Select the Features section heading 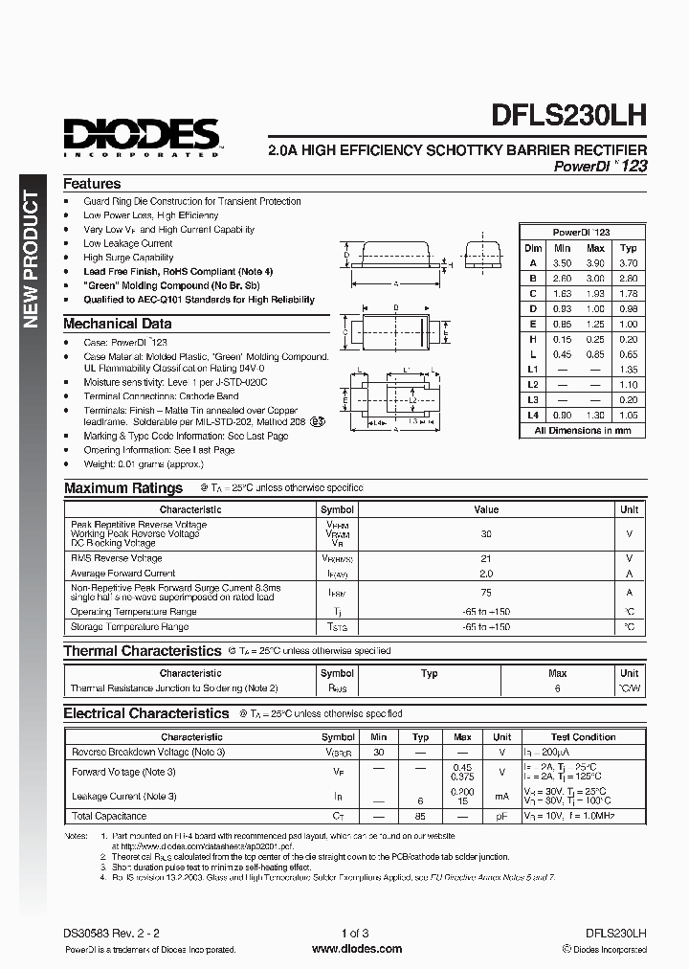pyautogui.click(x=92, y=184)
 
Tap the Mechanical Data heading pyautogui.click(x=117, y=324)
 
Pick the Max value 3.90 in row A pyautogui.click(x=594, y=262)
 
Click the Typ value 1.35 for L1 pyautogui.click(x=628, y=370)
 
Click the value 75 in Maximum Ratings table pyautogui.click(x=486, y=593)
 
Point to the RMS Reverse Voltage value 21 pyautogui.click(x=486, y=558)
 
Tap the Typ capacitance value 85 pyautogui.click(x=419, y=817)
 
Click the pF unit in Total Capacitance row pyautogui.click(x=501, y=817)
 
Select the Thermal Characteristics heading pyautogui.click(x=142, y=651)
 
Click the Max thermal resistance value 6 pyautogui.click(x=557, y=688)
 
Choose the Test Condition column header pyautogui.click(x=583, y=737)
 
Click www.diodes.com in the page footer pyautogui.click(x=344, y=949)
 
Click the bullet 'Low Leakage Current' pyautogui.click(x=127, y=243)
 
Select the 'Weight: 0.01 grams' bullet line pyautogui.click(x=143, y=464)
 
